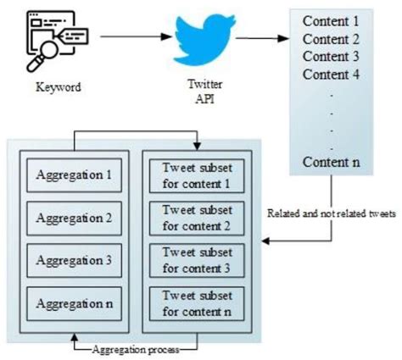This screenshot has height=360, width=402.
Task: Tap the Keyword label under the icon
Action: tap(58, 86)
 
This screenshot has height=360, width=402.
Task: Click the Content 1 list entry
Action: tap(331, 20)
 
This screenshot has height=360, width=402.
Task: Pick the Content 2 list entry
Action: tap(331, 38)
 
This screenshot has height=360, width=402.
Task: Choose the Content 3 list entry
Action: tap(331, 56)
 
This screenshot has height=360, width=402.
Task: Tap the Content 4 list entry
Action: tap(331, 74)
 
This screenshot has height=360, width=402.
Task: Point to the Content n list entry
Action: tap(331, 162)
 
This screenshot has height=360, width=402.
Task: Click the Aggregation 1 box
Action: tap(75, 175)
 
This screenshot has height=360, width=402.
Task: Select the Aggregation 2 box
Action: tap(75, 217)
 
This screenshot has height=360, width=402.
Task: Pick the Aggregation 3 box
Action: tap(75, 259)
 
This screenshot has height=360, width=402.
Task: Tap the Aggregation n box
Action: tap(75, 302)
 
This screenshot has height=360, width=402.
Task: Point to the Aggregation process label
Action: tap(136, 347)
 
